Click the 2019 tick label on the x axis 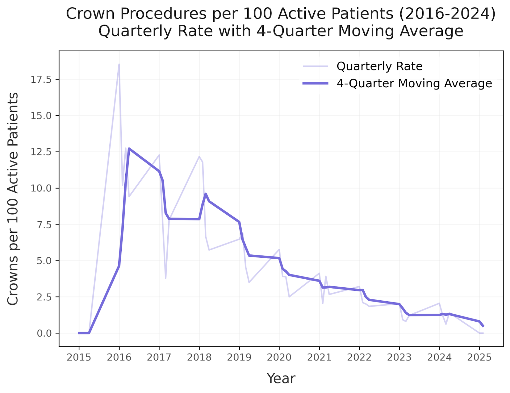click(x=239, y=358)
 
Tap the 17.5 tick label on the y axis click(x=41, y=80)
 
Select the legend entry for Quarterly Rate click(x=379, y=66)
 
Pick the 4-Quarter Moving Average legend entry click(x=414, y=83)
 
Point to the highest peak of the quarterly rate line click(x=119, y=64)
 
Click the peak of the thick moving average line click(x=129, y=148)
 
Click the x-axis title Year click(x=281, y=378)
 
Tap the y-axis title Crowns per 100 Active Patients click(x=13, y=199)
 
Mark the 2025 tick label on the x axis click(x=479, y=358)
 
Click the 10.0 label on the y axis click(x=41, y=188)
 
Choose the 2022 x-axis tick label click(x=359, y=358)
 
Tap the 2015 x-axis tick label click(x=79, y=358)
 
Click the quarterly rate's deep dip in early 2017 click(x=165, y=278)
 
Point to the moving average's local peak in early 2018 click(x=206, y=194)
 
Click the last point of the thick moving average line click(x=483, y=326)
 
